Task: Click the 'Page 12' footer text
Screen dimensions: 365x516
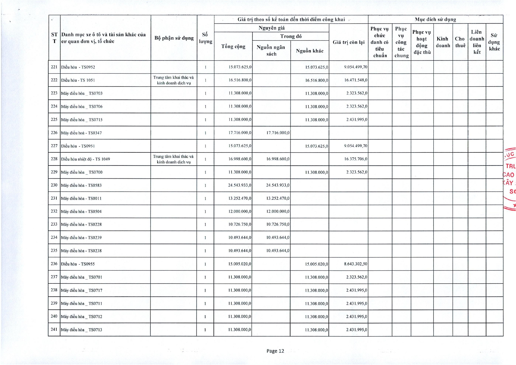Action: (275, 351)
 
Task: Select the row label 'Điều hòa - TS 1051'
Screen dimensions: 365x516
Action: (78, 80)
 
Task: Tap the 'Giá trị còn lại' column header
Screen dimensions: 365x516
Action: (348, 42)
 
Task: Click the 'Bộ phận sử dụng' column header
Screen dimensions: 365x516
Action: (174, 38)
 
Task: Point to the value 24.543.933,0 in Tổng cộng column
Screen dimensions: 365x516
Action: (240, 185)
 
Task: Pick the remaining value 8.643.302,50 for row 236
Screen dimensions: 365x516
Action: (355, 264)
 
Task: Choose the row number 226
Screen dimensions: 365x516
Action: (54, 133)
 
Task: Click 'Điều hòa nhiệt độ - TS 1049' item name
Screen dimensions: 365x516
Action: (86, 159)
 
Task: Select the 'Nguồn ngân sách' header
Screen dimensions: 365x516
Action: (271, 50)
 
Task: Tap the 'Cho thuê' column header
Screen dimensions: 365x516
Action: (460, 42)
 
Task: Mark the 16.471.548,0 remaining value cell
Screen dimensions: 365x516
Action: (356, 80)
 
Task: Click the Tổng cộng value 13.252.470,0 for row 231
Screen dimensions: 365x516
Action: (240, 198)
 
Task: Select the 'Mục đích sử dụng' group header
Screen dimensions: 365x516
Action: (435, 19)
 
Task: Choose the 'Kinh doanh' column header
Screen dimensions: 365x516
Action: (443, 42)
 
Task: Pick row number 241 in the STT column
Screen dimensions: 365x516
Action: (54, 329)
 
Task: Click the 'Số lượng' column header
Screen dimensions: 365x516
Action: (205, 38)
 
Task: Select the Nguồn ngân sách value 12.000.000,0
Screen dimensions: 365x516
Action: (278, 211)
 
